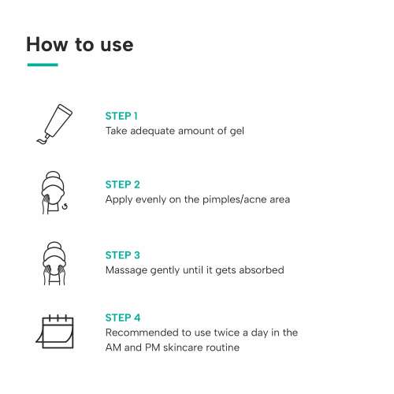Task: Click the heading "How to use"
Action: pos(80,44)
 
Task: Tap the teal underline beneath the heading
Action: pos(42,65)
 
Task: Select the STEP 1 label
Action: pos(121,116)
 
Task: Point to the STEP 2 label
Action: pos(123,184)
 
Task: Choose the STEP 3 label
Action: pos(123,255)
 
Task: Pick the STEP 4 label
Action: pos(123,318)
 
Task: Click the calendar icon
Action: pos(55,331)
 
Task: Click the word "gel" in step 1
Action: pos(236,131)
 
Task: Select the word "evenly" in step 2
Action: pos(154,199)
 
